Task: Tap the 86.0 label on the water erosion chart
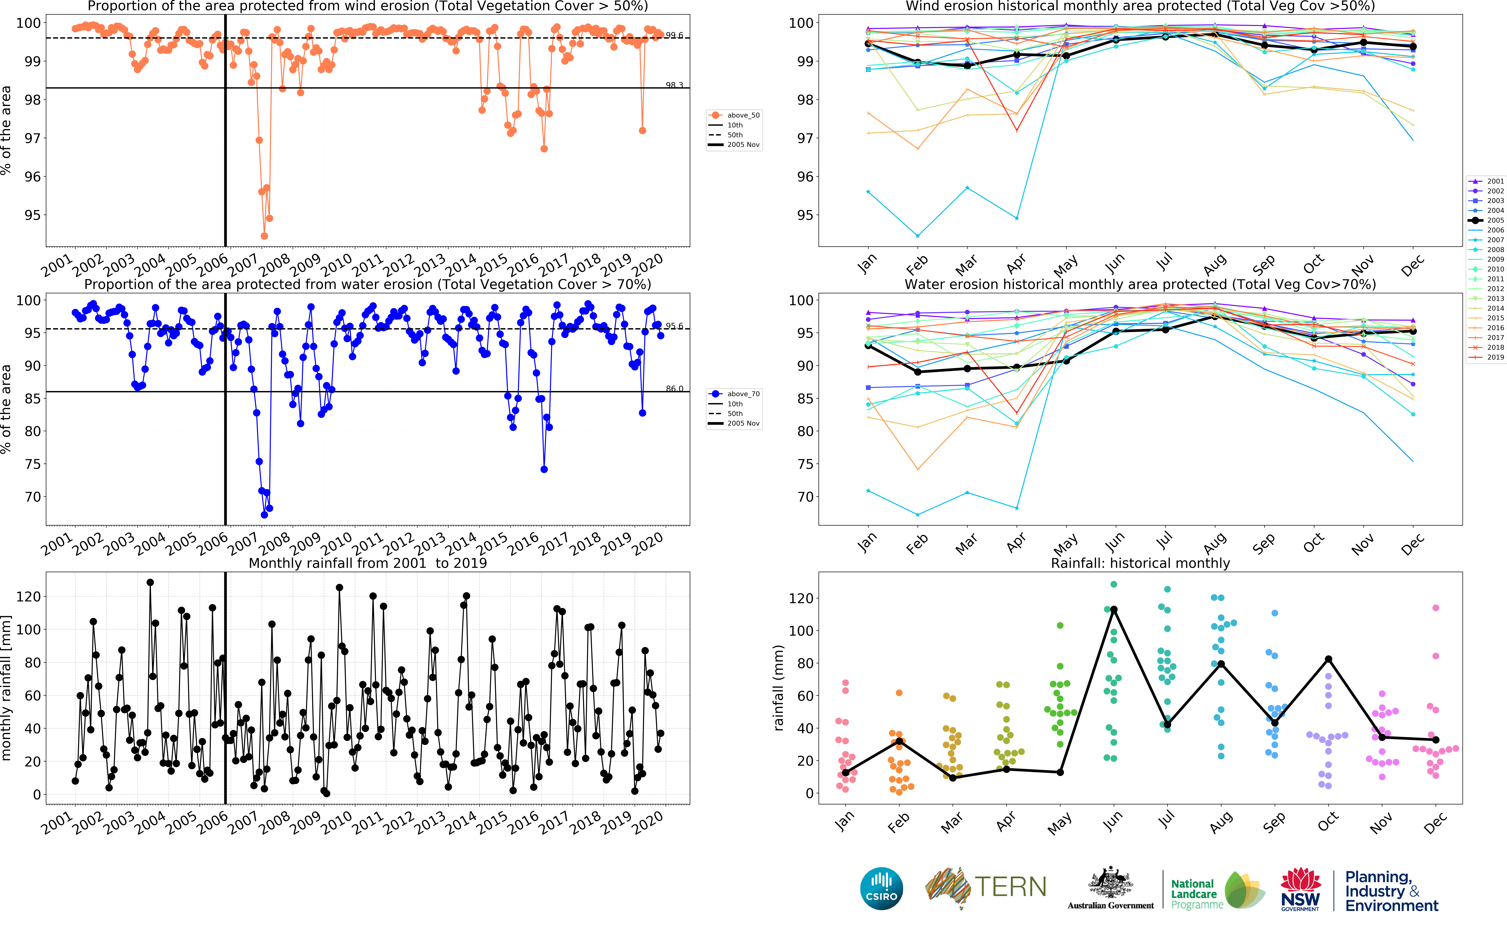674,388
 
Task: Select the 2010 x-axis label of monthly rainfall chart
337,822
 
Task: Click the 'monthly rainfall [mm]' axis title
6,687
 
